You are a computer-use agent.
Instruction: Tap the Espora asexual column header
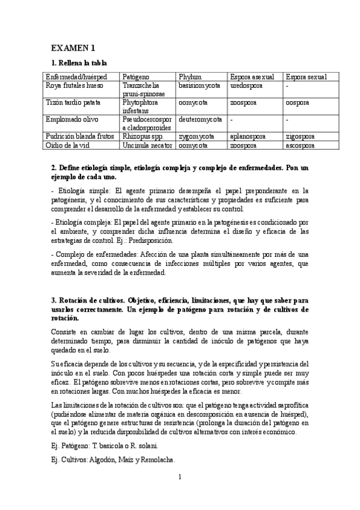252,78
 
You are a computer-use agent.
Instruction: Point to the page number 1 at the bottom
180,478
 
